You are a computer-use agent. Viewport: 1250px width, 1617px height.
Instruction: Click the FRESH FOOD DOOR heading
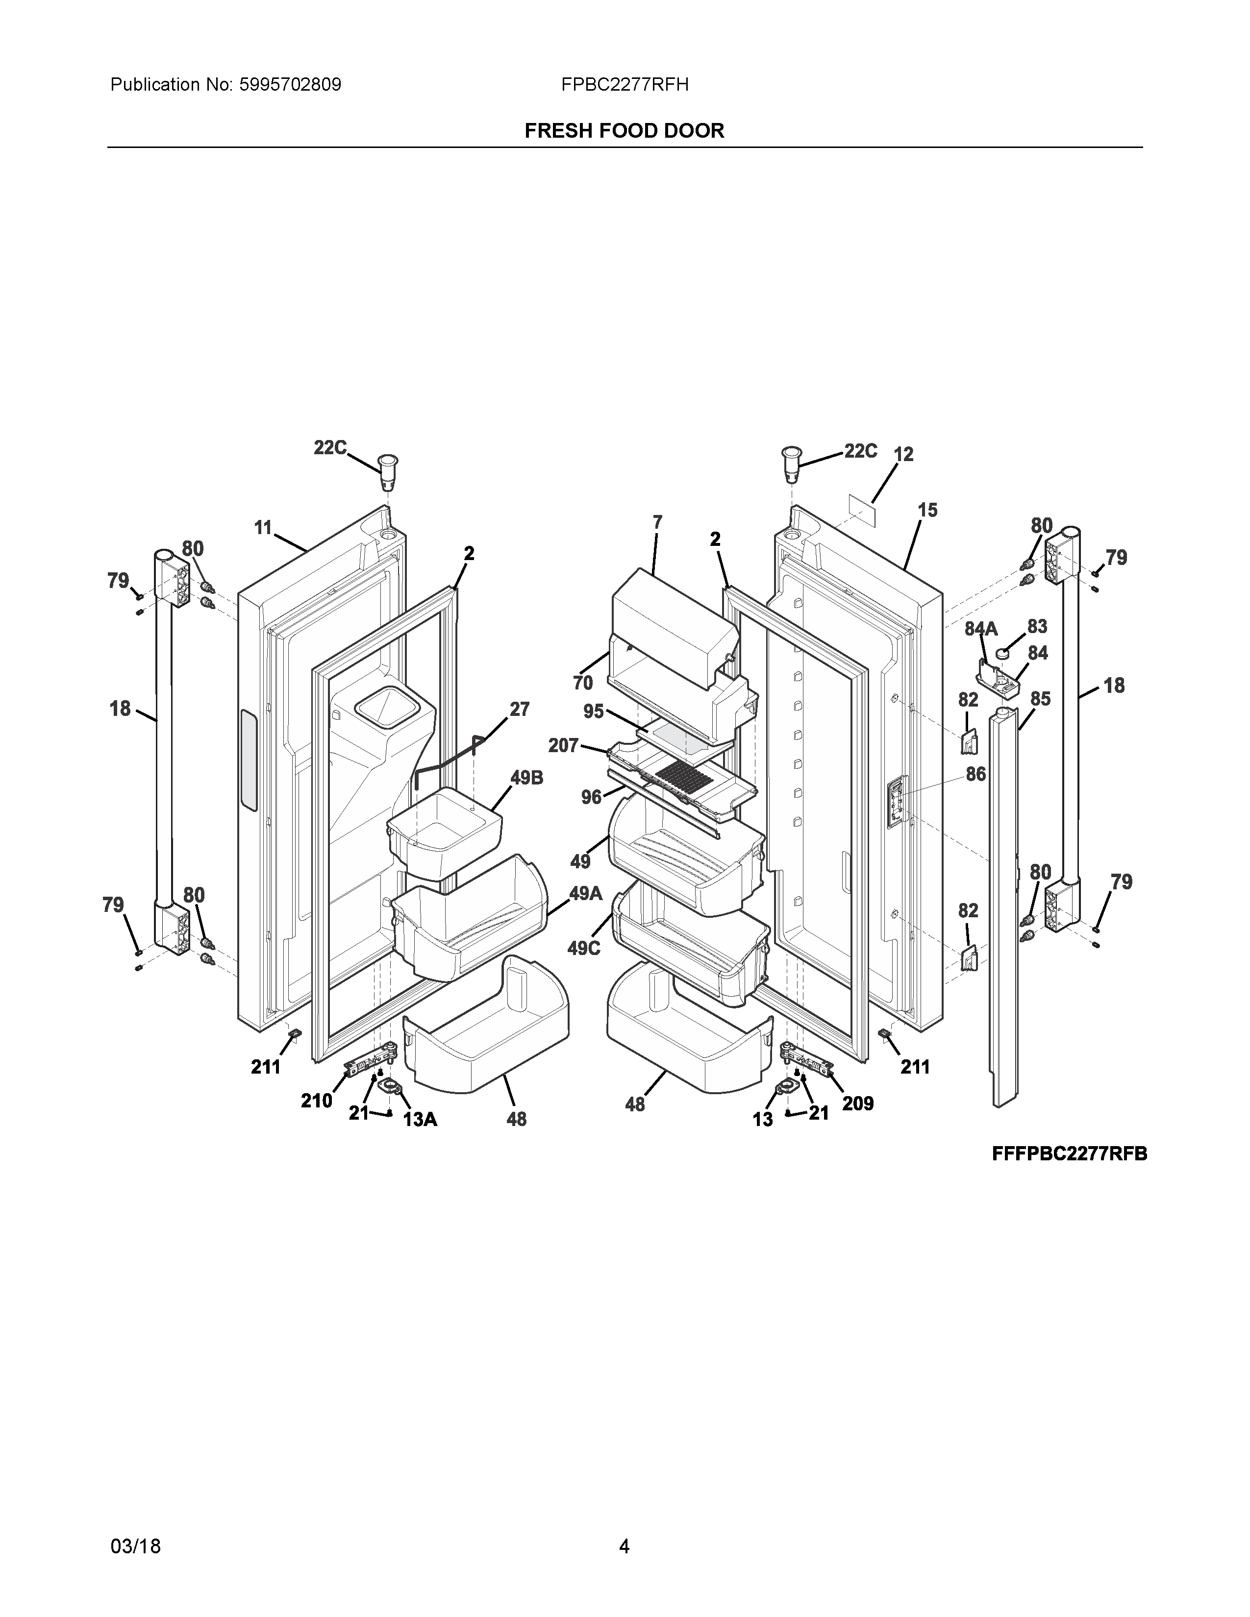[x=624, y=131]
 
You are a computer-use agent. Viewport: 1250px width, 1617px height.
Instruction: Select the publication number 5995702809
[x=290, y=85]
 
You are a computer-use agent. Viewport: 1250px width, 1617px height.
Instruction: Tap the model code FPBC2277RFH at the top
[x=624, y=85]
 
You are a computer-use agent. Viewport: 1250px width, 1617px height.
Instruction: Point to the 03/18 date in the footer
[x=135, y=1525]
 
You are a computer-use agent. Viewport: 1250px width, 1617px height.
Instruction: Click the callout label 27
[x=519, y=710]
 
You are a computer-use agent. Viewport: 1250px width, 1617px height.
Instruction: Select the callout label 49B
[x=526, y=778]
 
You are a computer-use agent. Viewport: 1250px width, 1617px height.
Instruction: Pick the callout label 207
[x=563, y=746]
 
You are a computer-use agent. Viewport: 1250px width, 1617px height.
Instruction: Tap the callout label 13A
[x=420, y=1120]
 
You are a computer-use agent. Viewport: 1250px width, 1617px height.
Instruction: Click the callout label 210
[x=316, y=1101]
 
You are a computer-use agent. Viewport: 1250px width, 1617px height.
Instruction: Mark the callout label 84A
[x=980, y=629]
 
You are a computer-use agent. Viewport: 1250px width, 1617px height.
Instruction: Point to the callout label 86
[x=975, y=774]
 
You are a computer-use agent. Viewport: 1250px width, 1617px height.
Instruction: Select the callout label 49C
[x=583, y=949]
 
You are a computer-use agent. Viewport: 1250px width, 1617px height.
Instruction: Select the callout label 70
[x=583, y=682]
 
